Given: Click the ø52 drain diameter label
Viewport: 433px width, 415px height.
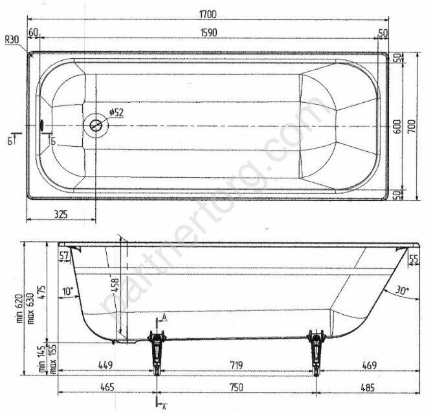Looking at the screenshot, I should tap(116, 112).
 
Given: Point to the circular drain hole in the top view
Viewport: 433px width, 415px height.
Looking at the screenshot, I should tap(97, 125).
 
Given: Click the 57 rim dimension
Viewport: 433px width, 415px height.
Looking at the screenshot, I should tap(63, 257).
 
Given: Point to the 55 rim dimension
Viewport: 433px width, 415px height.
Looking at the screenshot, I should tap(416, 259).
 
